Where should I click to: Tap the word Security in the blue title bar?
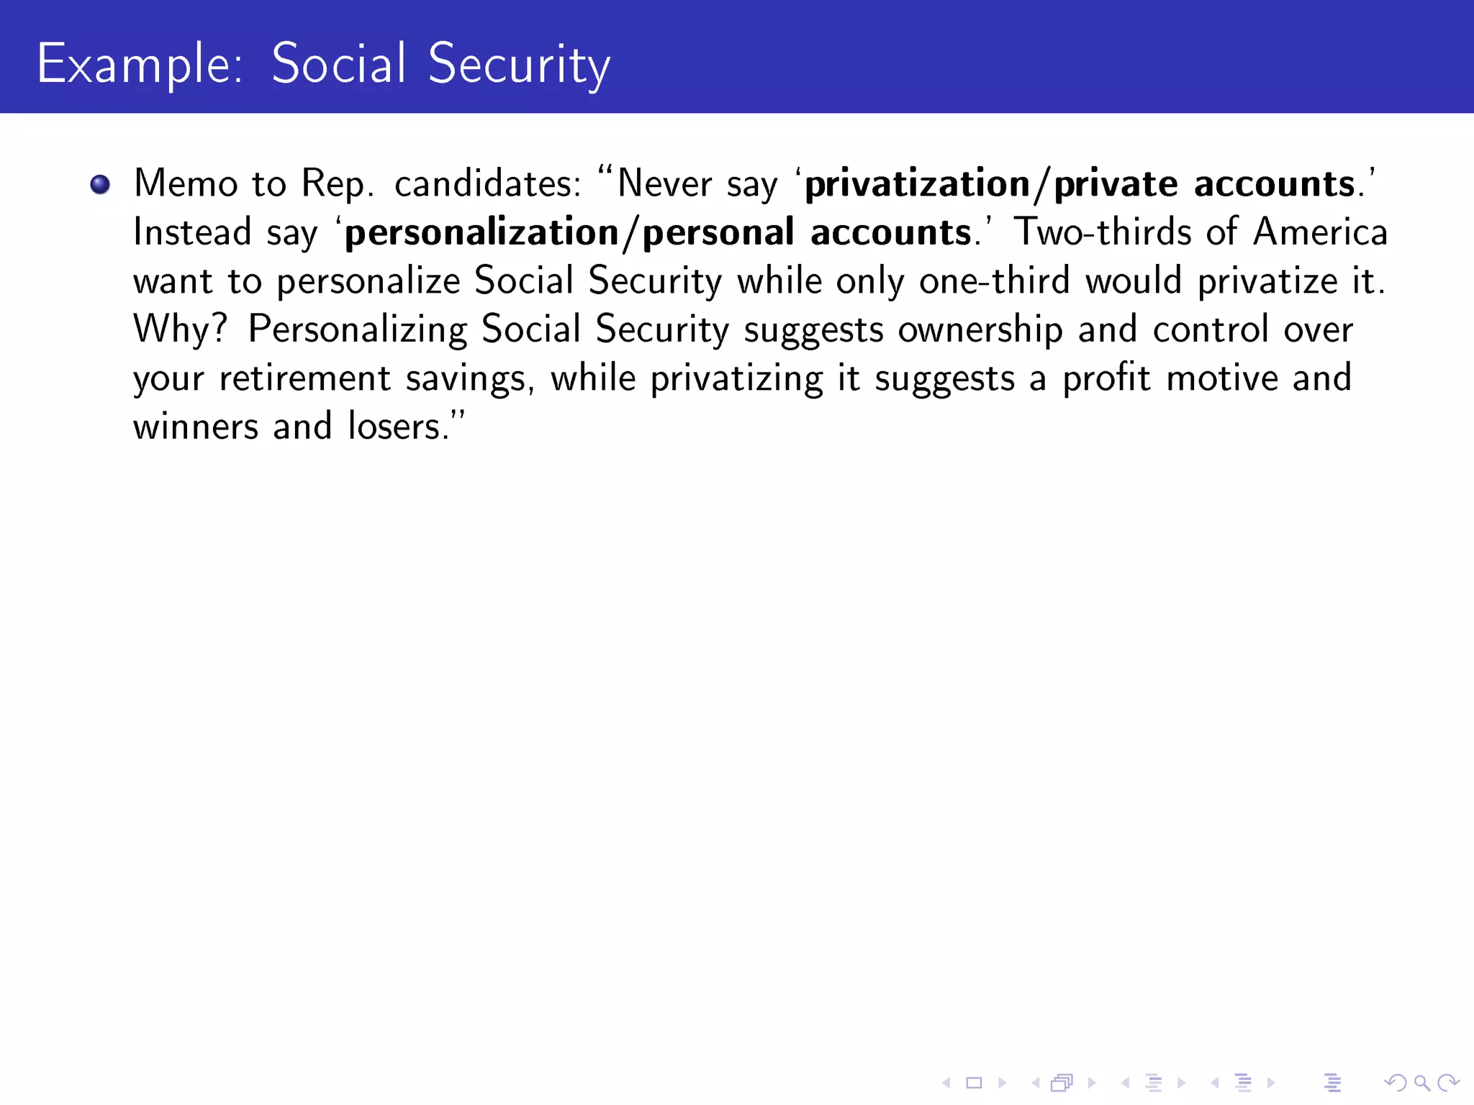519,65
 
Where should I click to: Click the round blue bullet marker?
100,185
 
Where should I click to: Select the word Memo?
186,183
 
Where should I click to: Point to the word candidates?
487,183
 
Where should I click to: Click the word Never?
664,183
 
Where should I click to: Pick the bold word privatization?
918,185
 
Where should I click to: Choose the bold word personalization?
481,233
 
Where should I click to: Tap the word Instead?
192,232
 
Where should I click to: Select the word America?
1319,232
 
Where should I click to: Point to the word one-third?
994,281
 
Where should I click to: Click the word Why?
180,329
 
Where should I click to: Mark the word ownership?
980,331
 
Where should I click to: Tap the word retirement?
304,378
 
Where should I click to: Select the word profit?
1106,378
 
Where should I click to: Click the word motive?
1221,378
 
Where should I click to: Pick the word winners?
196,427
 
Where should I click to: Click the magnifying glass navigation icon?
1421,1083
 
